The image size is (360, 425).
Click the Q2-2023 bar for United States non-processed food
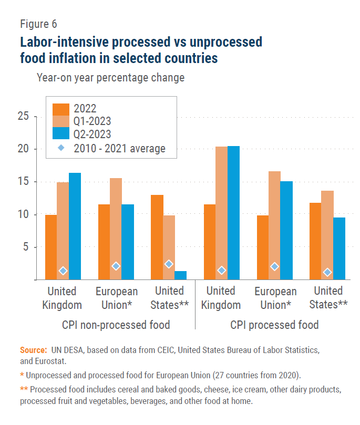point(180,275)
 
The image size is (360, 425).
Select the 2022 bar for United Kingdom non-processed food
point(51,247)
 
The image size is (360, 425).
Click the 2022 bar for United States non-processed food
point(157,237)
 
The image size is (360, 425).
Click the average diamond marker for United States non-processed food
point(169,264)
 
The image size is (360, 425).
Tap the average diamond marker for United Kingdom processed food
point(222,271)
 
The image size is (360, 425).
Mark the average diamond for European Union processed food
point(274,266)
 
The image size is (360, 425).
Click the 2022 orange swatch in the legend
point(61,109)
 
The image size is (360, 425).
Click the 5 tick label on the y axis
point(25,247)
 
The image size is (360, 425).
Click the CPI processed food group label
point(274,325)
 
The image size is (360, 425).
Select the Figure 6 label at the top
point(38,24)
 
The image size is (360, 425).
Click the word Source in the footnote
point(34,349)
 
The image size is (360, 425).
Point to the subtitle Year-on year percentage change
point(110,78)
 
